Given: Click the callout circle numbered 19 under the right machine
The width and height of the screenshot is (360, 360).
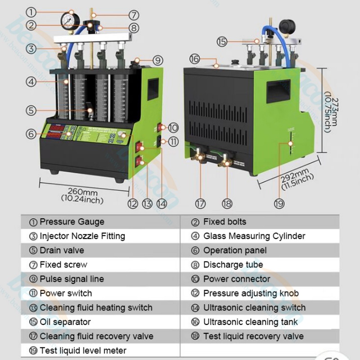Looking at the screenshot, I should (x=279, y=204).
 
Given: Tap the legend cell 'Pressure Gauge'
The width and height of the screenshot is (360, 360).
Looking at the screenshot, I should (x=72, y=222).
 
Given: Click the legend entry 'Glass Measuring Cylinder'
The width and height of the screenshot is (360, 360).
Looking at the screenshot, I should (x=254, y=236).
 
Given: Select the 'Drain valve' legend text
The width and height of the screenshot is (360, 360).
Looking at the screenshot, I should (x=62, y=250).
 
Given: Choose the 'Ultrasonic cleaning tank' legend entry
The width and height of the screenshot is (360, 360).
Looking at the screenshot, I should (x=250, y=322).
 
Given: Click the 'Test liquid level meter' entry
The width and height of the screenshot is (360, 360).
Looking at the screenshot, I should (x=83, y=351).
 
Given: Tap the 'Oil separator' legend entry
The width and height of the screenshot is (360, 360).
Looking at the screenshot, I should (x=65, y=322).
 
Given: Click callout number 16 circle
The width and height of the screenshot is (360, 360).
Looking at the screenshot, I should (x=194, y=59).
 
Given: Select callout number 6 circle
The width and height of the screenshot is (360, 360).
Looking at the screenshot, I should (x=31, y=134).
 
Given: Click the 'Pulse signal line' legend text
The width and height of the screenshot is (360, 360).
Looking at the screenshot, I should (x=72, y=279).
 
